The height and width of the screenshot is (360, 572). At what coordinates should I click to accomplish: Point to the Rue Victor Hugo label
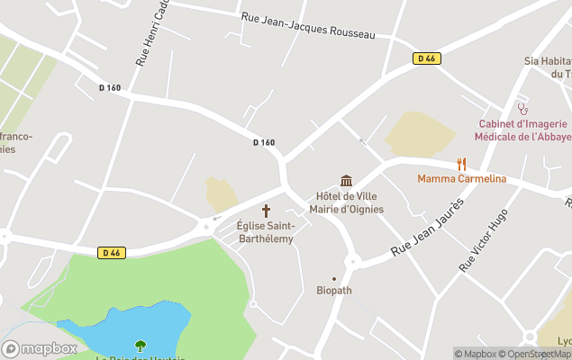pyautogui.click(x=484, y=239)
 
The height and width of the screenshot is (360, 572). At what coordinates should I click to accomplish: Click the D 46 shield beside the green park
pyautogui.click(x=111, y=253)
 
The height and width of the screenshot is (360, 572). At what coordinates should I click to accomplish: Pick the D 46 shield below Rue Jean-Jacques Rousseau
pyautogui.click(x=426, y=58)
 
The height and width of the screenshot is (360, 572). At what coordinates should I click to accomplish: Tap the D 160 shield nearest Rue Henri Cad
pyautogui.click(x=110, y=87)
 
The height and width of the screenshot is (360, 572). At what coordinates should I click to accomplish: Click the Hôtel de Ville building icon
pyautogui.click(x=346, y=181)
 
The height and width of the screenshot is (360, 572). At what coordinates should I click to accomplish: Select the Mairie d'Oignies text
pyautogui.click(x=346, y=210)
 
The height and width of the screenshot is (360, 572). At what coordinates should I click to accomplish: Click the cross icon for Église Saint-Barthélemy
pyautogui.click(x=266, y=210)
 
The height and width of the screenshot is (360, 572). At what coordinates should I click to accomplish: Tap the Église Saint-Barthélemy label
pyautogui.click(x=266, y=232)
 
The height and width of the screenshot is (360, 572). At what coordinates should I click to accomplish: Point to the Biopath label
pyautogui.click(x=334, y=291)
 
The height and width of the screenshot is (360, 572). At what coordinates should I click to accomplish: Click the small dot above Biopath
pyautogui.click(x=334, y=278)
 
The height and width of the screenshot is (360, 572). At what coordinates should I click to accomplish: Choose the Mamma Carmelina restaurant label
pyautogui.click(x=461, y=179)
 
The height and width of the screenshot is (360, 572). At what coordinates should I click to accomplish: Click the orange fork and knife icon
pyautogui.click(x=461, y=164)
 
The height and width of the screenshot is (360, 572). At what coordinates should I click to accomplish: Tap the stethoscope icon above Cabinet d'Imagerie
pyautogui.click(x=522, y=108)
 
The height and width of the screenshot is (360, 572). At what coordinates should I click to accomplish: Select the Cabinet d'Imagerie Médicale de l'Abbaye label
pyautogui.click(x=522, y=130)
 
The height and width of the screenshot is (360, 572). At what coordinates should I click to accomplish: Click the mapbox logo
pyautogui.click(x=40, y=348)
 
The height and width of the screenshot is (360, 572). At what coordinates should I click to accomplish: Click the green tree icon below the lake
pyautogui.click(x=141, y=345)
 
